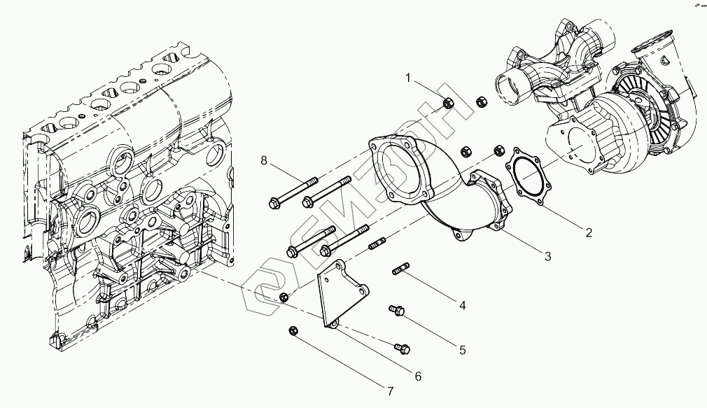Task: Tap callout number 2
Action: click(589, 232)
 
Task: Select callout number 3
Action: click(548, 257)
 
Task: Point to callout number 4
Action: click(462, 304)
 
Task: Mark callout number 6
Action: click(418, 377)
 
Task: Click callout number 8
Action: click(264, 162)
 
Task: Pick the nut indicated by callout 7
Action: click(293, 330)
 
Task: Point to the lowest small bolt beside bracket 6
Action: click(401, 346)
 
